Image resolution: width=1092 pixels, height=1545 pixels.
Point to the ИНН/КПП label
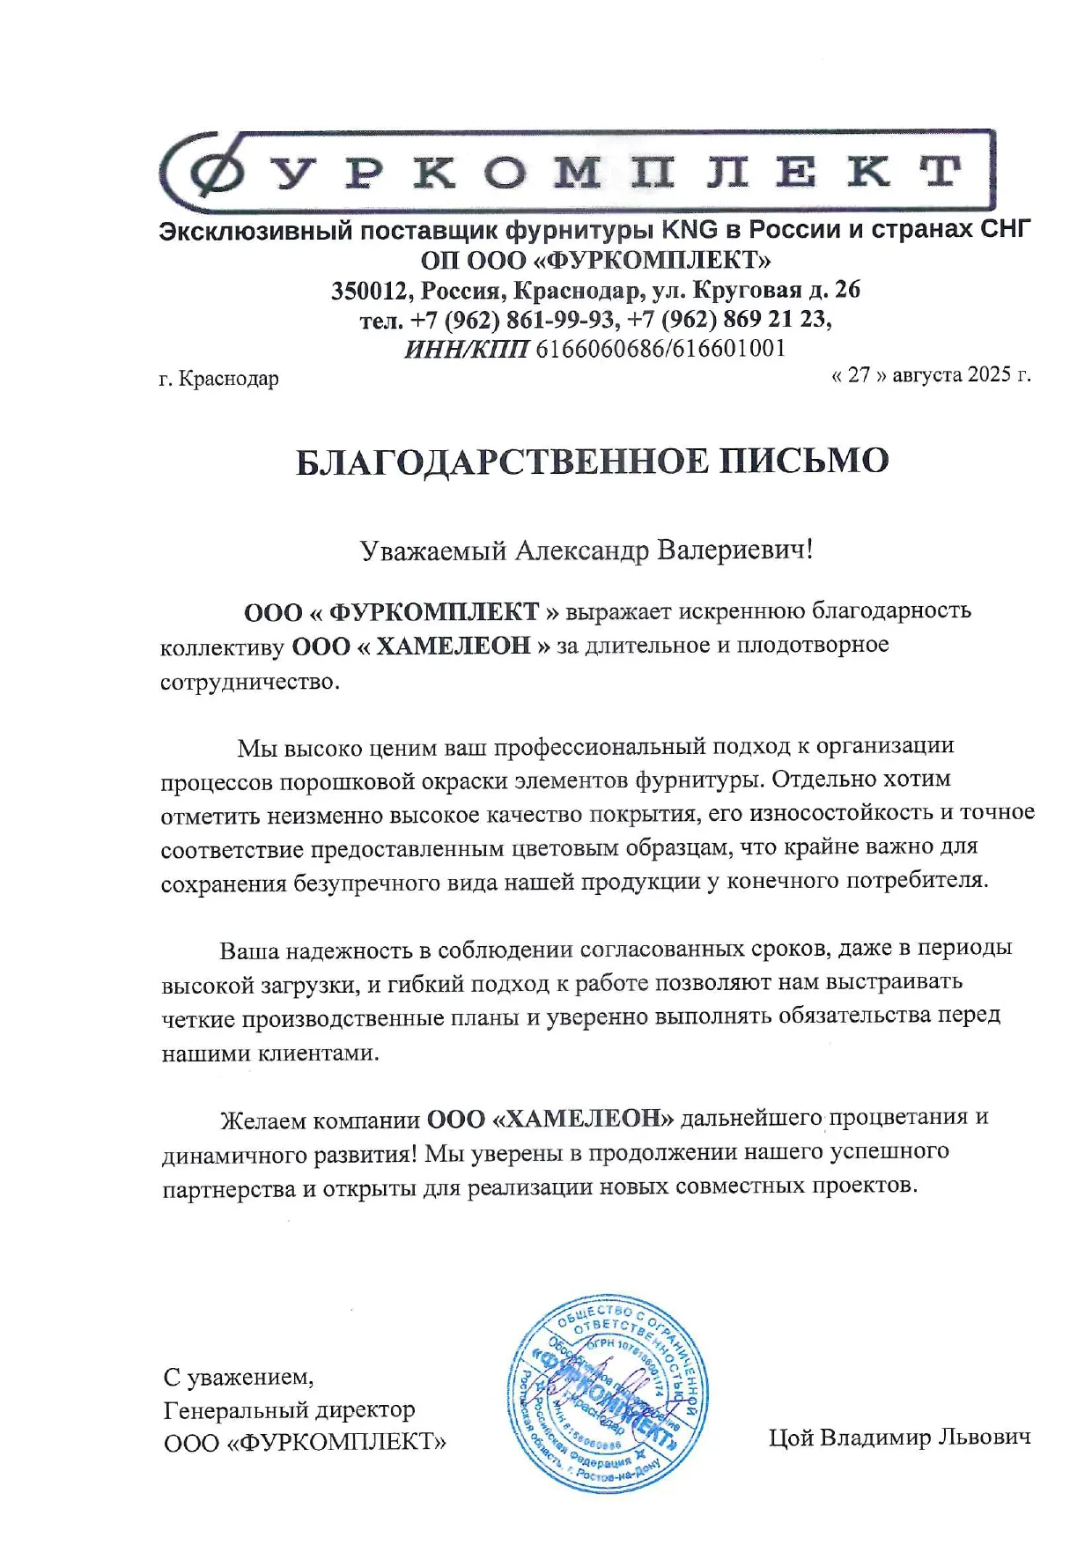[466, 349]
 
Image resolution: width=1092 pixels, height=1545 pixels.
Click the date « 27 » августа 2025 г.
[931, 374]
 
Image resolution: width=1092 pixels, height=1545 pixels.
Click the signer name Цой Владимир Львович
[899, 1438]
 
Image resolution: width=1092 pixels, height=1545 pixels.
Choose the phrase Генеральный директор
[289, 1409]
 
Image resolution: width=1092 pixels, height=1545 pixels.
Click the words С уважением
[239, 1376]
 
